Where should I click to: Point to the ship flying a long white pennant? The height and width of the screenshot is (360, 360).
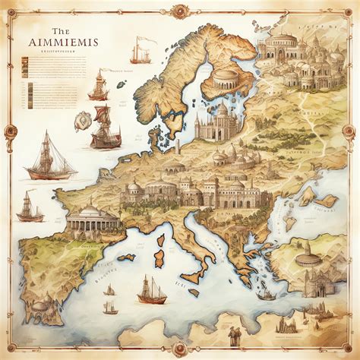(x=140, y=52)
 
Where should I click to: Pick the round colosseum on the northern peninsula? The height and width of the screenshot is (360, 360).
(x=226, y=78)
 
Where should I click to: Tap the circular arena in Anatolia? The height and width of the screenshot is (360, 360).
(x=307, y=260)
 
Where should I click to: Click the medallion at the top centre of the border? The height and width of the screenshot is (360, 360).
(x=180, y=11)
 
